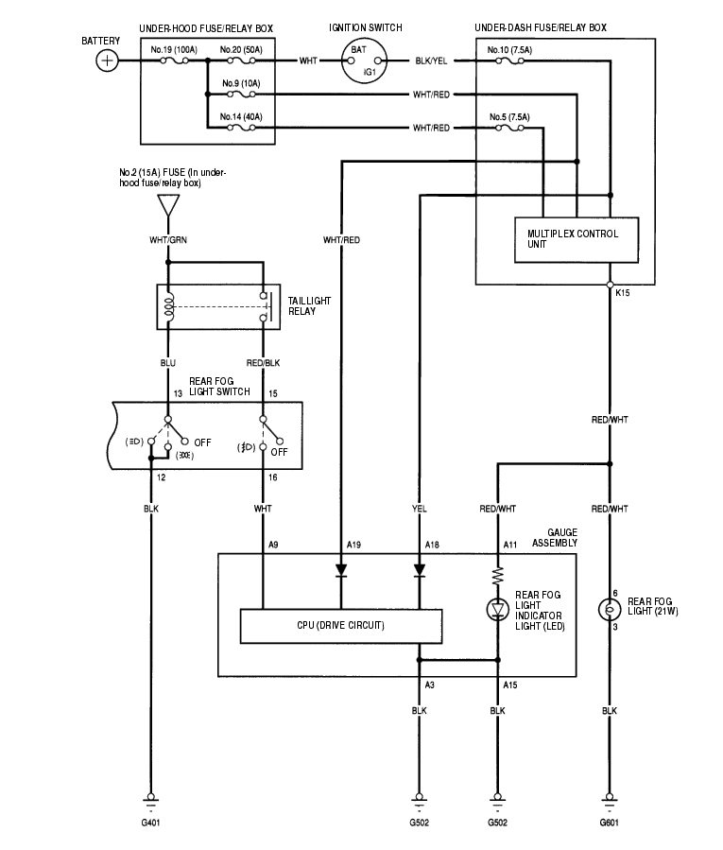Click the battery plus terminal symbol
tap(108, 61)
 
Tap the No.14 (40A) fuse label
tap(241, 116)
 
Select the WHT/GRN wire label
tap(167, 240)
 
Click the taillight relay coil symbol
tap(168, 306)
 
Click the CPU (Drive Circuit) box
tap(341, 625)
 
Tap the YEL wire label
tap(419, 509)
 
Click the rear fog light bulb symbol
tap(610, 608)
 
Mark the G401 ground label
tap(149, 824)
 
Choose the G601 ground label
tap(610, 824)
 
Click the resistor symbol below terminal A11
tap(496, 574)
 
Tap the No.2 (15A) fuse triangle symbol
tap(167, 204)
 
